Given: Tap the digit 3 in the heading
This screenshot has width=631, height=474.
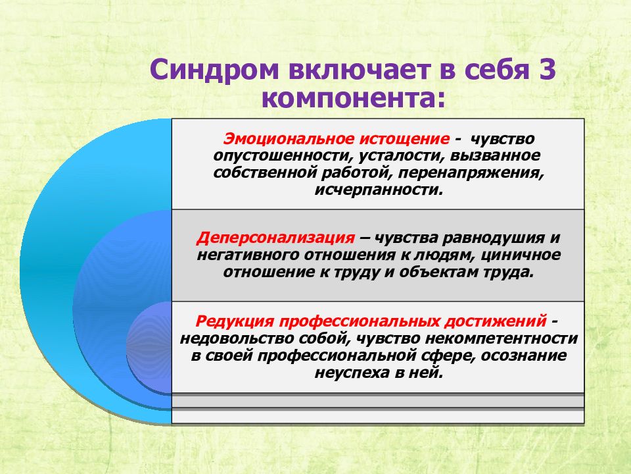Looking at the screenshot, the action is [x=547, y=70].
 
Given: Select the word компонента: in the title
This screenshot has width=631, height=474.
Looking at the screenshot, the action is [x=354, y=99].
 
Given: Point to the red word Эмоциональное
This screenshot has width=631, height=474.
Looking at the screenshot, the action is [x=289, y=138].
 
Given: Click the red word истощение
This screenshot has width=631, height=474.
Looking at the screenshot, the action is [x=404, y=139].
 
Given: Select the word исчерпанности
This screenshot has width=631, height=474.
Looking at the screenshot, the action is [x=379, y=190].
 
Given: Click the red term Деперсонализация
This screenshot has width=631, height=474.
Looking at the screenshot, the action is [x=275, y=238].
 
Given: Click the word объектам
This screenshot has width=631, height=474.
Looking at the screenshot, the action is [x=440, y=272].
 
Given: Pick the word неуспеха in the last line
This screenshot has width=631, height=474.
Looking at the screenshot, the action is [x=351, y=373].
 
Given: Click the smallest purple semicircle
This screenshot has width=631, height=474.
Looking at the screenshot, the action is [x=149, y=348].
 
